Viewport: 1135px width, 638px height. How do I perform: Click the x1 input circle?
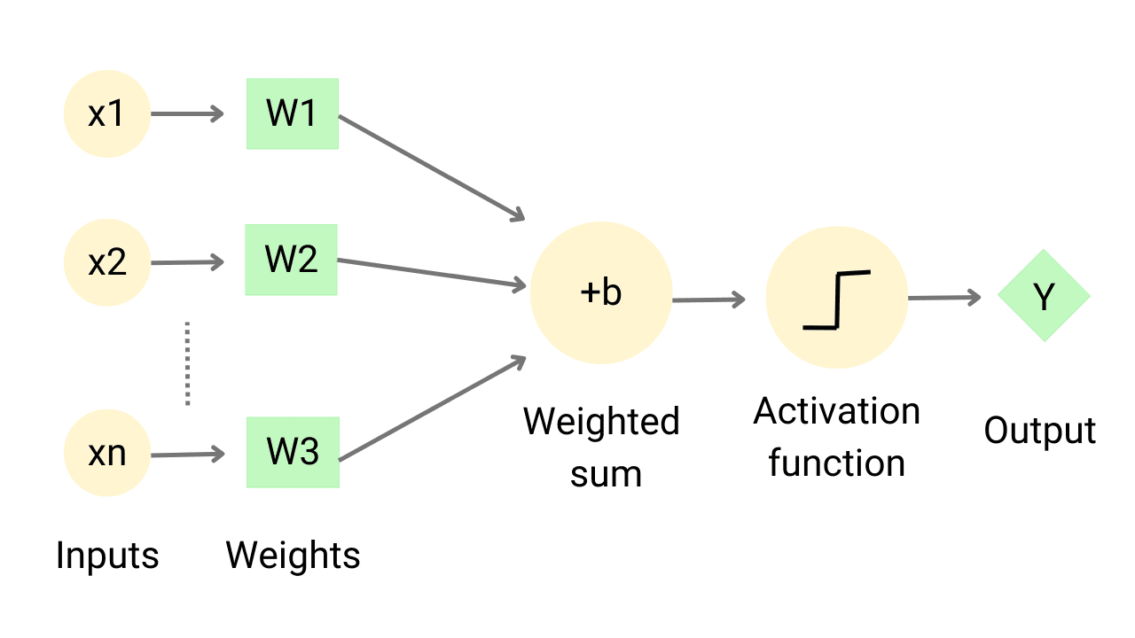pos(107,114)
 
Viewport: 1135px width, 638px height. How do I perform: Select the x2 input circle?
pos(107,262)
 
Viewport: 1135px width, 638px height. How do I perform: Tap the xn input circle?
pos(107,454)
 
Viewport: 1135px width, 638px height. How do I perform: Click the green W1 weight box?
pos(293,113)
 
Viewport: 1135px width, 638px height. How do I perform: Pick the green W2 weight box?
pos(292,260)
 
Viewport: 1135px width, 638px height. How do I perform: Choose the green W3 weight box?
pos(293,452)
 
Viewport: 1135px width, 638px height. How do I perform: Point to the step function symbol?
pos(836,300)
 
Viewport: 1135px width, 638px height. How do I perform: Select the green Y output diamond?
pos(1044,297)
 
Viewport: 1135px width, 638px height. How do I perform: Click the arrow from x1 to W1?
pos(187,113)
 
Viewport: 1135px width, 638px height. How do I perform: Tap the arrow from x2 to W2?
pos(187,262)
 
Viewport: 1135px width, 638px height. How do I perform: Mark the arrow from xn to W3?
pos(187,455)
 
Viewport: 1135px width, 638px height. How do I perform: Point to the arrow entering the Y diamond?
pos(944,298)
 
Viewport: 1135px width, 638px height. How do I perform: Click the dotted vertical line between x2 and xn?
pos(187,363)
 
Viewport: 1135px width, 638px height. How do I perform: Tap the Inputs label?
pos(107,556)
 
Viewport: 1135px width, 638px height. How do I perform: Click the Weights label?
pos(293,556)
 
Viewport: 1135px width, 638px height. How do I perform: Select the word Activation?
pos(836,412)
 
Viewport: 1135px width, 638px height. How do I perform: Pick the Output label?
pos(1040,432)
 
